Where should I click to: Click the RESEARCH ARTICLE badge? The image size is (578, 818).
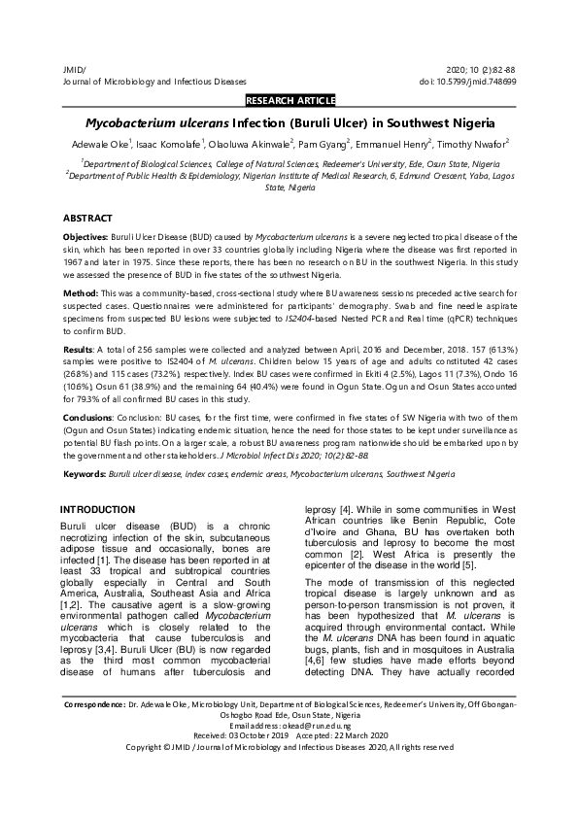(291, 100)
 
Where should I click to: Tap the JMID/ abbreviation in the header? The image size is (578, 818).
(74, 71)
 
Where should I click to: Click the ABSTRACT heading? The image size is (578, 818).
(88, 219)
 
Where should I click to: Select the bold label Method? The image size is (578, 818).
(81, 292)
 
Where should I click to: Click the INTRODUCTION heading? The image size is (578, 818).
(97, 510)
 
